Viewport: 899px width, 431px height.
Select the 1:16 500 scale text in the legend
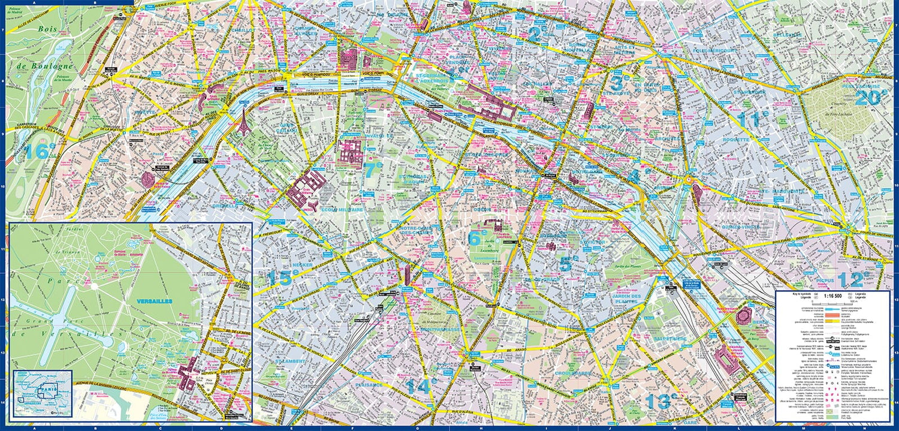[832, 296]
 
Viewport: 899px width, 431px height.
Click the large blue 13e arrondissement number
[657, 400]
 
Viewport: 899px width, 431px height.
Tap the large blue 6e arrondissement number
[475, 237]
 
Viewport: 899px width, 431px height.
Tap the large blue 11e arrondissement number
[752, 119]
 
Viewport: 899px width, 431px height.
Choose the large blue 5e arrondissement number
[569, 262]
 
